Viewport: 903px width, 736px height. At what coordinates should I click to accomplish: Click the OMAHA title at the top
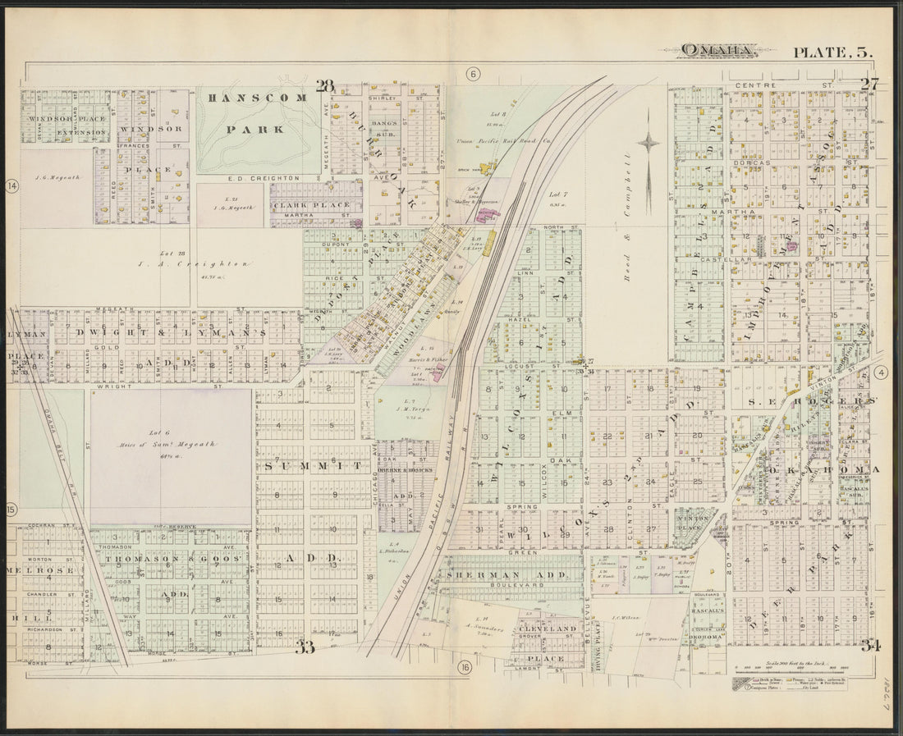[717, 51]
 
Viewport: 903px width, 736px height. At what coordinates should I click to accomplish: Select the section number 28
[325, 85]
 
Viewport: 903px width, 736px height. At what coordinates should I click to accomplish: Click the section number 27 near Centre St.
[869, 83]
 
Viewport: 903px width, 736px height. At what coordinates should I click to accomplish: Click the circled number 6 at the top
[473, 74]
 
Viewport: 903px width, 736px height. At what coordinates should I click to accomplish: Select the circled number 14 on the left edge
[11, 186]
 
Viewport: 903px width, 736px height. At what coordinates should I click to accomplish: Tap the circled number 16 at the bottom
[465, 667]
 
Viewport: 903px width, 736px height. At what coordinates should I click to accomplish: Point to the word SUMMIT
[313, 465]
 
